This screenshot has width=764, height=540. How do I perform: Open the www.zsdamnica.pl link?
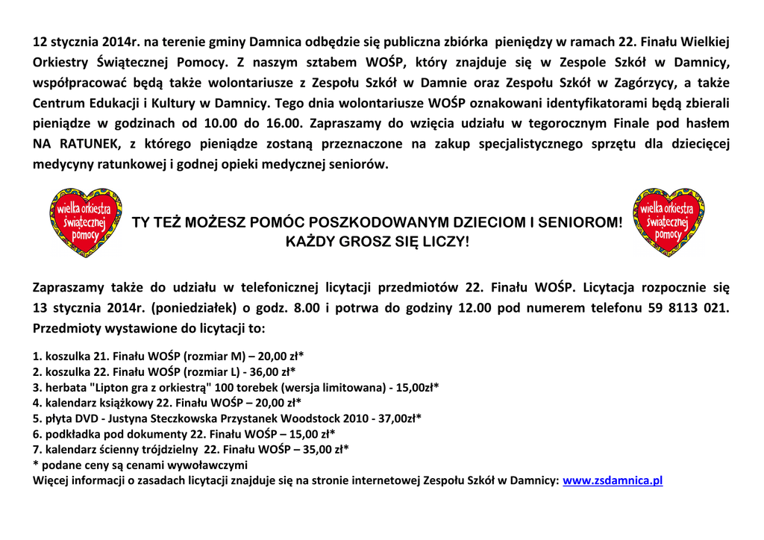point(613,481)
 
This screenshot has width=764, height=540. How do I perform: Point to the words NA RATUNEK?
point(69,144)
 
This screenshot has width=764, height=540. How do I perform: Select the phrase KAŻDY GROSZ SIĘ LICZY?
point(378,242)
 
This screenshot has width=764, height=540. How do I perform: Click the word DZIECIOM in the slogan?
point(483,222)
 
